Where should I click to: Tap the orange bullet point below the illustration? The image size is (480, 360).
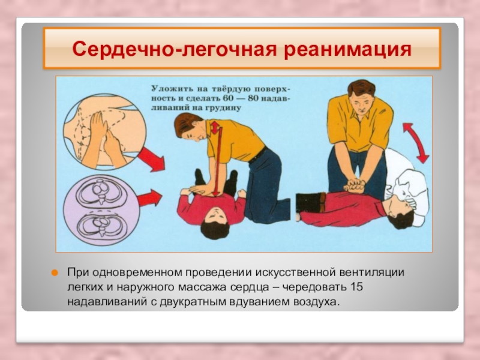pos(55,273)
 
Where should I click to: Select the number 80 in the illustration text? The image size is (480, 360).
pos(251,98)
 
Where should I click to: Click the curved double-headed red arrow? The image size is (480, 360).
pos(416,143)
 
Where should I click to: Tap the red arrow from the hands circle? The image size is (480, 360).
pos(151,158)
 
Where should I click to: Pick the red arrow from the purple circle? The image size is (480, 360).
pos(149,198)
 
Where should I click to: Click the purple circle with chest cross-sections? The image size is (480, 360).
pos(101,211)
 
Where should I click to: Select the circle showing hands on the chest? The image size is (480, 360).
pos(104,131)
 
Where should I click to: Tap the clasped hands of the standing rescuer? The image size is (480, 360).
pos(355,185)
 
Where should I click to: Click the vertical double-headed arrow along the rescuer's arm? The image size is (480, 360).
pos(216,158)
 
